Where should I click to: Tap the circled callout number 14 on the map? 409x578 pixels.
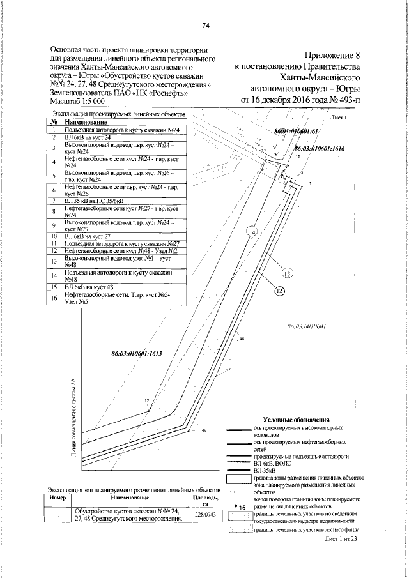pyautogui.click(x=252, y=232)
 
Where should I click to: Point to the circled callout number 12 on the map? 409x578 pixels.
pyautogui.click(x=279, y=291)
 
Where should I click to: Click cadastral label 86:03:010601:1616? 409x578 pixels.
pyautogui.click(x=320, y=148)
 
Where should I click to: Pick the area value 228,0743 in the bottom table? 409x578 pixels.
pyautogui.click(x=206, y=514)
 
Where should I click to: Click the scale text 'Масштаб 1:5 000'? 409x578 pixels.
pyautogui.click(x=77, y=102)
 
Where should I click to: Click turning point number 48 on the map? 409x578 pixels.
pyautogui.click(x=242, y=340)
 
